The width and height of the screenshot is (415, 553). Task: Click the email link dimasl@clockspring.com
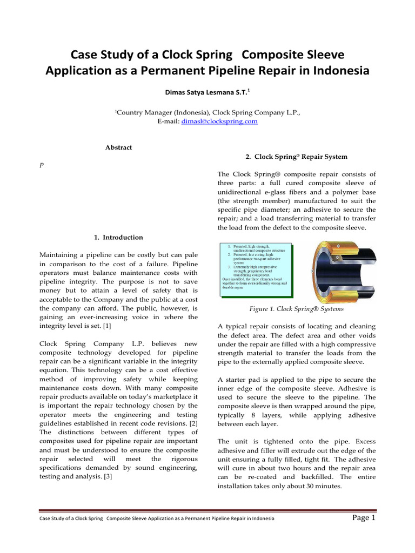tap(227, 122)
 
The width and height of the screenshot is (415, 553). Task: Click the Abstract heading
tap(118, 147)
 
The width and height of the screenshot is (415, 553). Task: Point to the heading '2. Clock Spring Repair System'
tap(296, 157)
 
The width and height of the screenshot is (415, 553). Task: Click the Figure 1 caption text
tap(296, 309)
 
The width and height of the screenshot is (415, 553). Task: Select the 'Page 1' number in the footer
tap(363, 518)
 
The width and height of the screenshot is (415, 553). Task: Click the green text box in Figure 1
tap(256, 268)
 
